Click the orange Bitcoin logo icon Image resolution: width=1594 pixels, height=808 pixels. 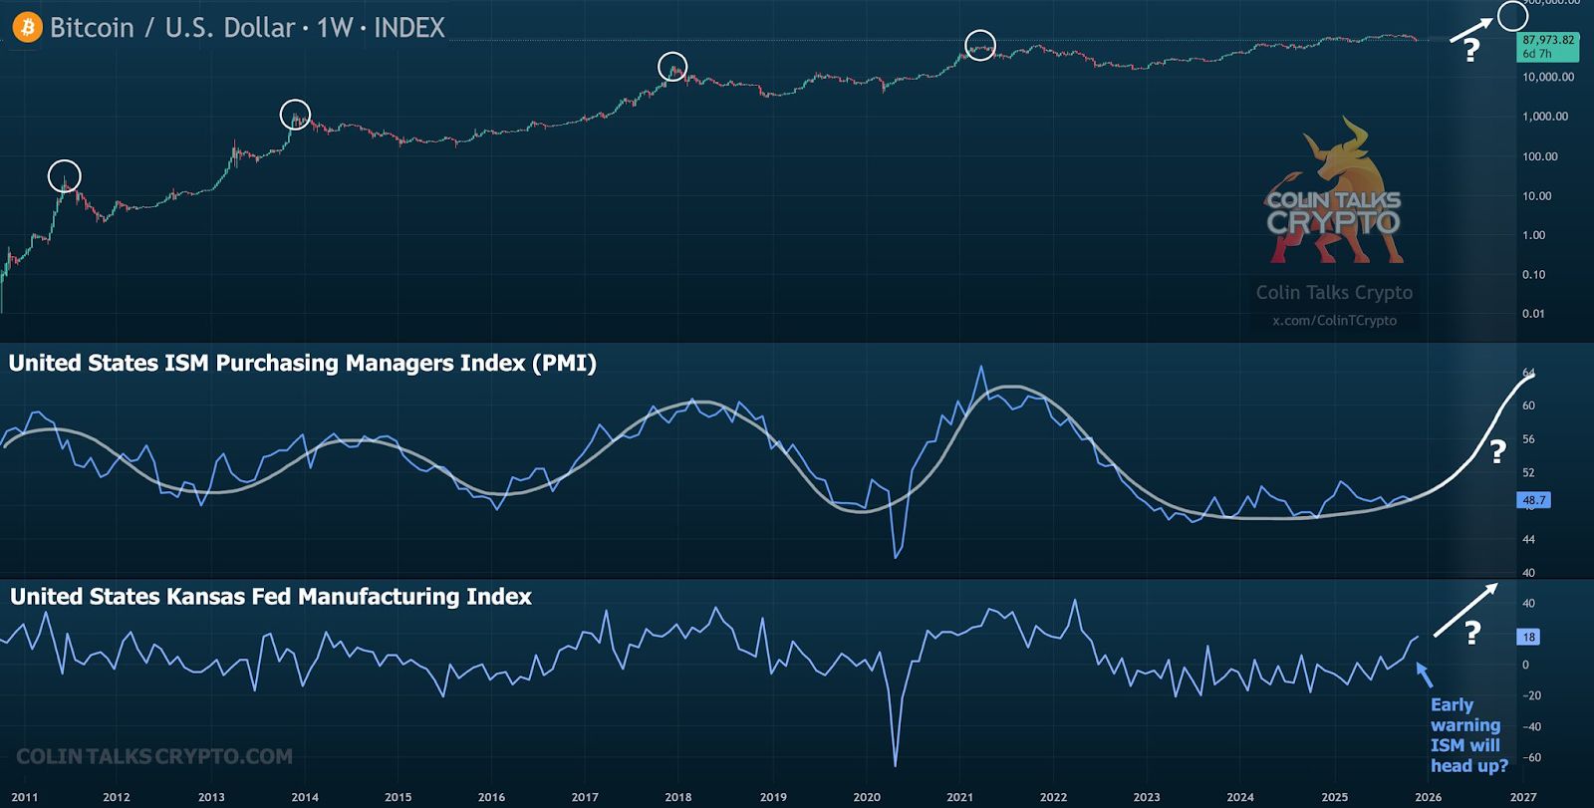[27, 27]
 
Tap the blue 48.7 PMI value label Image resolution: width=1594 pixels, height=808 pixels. [1534, 500]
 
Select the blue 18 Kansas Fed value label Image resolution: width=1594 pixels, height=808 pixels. [1529, 637]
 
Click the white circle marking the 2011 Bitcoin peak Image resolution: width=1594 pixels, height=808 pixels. [65, 176]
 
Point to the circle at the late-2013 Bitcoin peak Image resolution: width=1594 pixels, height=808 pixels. [295, 115]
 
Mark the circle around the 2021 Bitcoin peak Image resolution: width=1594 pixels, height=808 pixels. [980, 45]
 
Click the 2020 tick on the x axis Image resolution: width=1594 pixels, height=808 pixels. [867, 797]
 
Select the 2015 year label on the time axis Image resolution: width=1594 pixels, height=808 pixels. [398, 797]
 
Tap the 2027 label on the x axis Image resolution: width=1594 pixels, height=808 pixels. [1522, 797]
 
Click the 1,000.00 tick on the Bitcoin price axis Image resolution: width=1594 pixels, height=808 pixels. [1545, 117]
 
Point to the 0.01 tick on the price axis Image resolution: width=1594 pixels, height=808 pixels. [1533, 314]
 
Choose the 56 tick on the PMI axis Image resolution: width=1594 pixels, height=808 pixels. [1528, 439]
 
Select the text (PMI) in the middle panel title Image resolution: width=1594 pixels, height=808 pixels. [564, 364]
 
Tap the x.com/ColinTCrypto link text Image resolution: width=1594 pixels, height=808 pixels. [1334, 321]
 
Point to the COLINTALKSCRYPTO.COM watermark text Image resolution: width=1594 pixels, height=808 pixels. [154, 757]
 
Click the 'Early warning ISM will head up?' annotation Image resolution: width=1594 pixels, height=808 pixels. [1468, 735]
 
